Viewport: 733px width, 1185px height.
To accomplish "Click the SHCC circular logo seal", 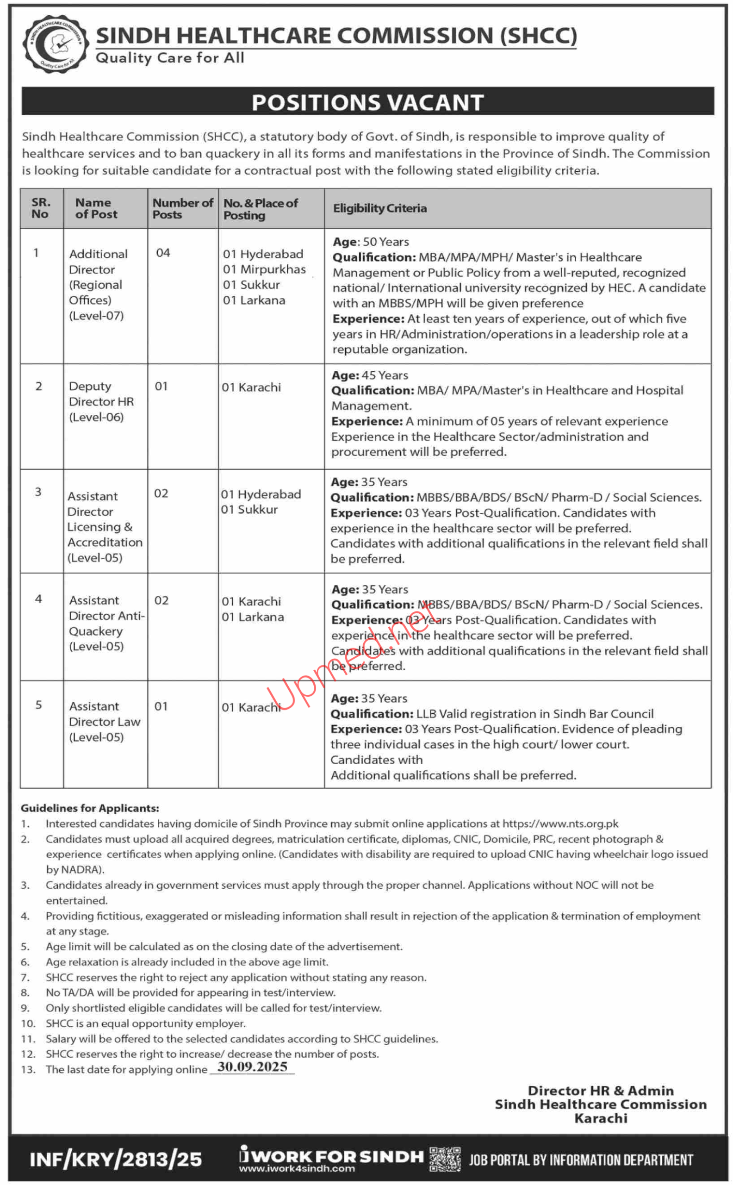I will (55, 44).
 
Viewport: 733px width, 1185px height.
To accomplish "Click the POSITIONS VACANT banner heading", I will (367, 102).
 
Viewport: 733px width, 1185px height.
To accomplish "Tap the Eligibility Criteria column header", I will (379, 208).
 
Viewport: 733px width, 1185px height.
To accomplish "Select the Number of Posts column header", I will (182, 208).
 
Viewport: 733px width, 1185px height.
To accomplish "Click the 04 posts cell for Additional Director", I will (163, 253).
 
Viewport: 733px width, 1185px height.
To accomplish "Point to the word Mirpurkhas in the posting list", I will (273, 269).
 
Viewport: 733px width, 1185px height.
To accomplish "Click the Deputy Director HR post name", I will (101, 401).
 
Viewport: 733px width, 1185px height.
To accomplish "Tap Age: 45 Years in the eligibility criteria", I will (369, 375).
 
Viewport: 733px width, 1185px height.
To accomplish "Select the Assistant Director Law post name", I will (104, 722).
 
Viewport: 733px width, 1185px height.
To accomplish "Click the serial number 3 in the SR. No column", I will (38, 492).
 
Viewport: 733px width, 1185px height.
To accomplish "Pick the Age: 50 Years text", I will (370, 242).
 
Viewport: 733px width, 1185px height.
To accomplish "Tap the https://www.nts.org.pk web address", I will (560, 823).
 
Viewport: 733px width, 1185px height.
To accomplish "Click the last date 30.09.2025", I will (252, 1066).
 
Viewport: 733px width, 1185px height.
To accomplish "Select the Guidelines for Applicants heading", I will (90, 808).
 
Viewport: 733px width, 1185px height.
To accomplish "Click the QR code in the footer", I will (445, 1159).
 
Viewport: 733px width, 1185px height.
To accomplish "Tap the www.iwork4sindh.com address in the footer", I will (297, 1168).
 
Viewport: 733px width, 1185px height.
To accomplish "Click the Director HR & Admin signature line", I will (600, 1091).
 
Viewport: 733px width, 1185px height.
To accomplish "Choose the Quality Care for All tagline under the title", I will (170, 58).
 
